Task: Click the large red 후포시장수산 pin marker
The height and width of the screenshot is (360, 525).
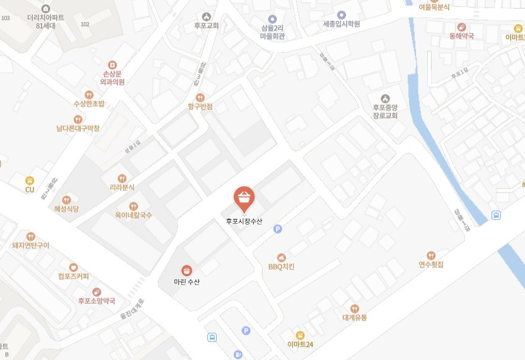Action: pyautogui.click(x=244, y=198)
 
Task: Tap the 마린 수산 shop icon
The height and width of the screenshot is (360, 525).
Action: pyautogui.click(x=186, y=270)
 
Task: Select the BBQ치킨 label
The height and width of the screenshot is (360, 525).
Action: pyautogui.click(x=281, y=267)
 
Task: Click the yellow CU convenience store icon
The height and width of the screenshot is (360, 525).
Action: pyautogui.click(x=29, y=180)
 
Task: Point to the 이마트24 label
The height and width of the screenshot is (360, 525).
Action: pyautogui.click(x=300, y=344)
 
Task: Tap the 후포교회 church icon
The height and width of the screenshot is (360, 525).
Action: pyautogui.click(x=206, y=17)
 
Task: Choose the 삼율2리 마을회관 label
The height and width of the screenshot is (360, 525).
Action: pyautogui.click(x=272, y=32)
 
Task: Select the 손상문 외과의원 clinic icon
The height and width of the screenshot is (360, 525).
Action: pyautogui.click(x=112, y=64)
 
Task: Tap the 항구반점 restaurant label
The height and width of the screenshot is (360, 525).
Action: pyautogui.click(x=200, y=106)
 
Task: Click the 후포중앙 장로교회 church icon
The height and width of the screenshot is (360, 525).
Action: pyautogui.click(x=385, y=98)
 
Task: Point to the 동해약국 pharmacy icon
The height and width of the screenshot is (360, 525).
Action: pyautogui.click(x=461, y=27)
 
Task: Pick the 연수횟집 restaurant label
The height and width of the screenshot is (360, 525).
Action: pyautogui.click(x=431, y=265)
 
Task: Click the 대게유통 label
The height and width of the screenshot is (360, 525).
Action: pyautogui.click(x=355, y=318)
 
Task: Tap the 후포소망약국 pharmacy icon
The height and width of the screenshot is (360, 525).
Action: pyautogui.click(x=96, y=292)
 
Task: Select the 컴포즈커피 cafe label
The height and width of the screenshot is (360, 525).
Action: pyautogui.click(x=73, y=276)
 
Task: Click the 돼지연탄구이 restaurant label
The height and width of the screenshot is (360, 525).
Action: pyautogui.click(x=30, y=246)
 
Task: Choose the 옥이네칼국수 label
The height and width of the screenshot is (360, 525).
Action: pyautogui.click(x=133, y=215)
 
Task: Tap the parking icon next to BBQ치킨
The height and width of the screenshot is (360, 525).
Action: pyautogui.click(x=277, y=229)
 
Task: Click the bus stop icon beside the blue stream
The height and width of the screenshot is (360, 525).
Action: pyautogui.click(x=496, y=215)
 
